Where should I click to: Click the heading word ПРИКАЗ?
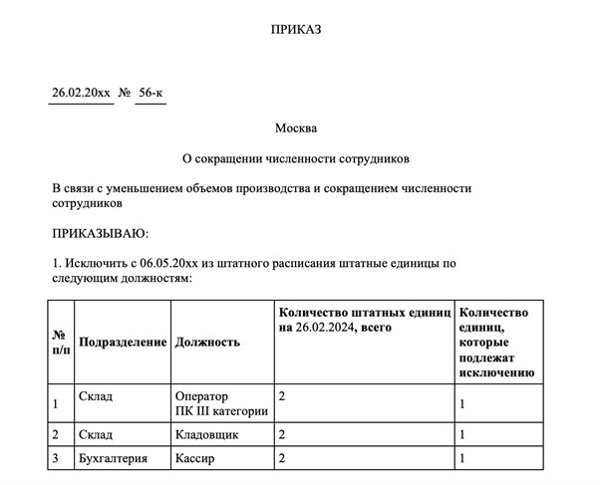click(297, 31)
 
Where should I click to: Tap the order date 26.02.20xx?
click(81, 94)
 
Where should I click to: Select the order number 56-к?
click(150, 94)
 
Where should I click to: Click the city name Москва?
click(297, 128)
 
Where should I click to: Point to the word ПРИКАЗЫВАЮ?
click(100, 234)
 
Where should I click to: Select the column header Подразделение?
click(122, 343)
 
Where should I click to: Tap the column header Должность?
click(207, 343)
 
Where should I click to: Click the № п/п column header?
click(60, 343)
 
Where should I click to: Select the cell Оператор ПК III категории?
click(220, 403)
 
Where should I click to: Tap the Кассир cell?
click(196, 459)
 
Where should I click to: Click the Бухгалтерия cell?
click(114, 459)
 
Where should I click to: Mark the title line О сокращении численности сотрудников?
click(296, 158)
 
